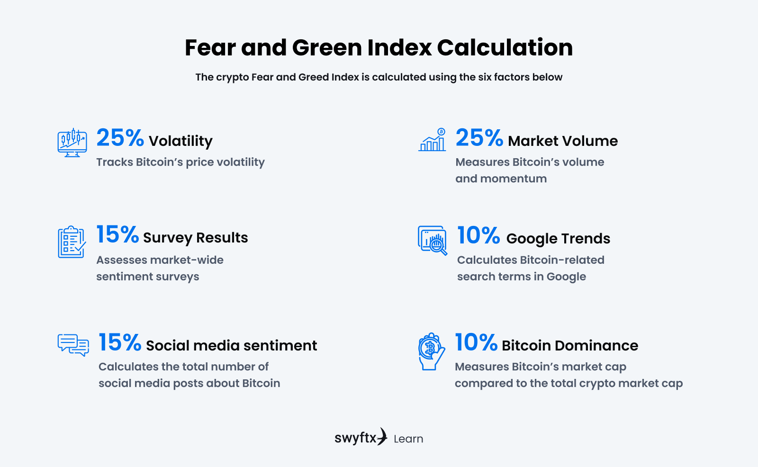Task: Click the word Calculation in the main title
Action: click(x=505, y=48)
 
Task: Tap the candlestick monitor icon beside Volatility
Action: click(x=72, y=142)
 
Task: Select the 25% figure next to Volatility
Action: click(x=120, y=138)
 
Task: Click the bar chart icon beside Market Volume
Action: click(x=433, y=140)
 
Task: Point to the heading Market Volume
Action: click(x=563, y=141)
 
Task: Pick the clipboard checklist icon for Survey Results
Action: click(x=72, y=242)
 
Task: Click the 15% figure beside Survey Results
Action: click(x=117, y=235)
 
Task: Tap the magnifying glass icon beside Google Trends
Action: click(x=433, y=241)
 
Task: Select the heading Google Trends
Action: click(x=558, y=239)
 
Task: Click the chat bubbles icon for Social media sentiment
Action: click(x=73, y=345)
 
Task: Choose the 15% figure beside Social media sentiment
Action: click(x=120, y=343)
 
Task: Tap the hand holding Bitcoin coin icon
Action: click(x=431, y=351)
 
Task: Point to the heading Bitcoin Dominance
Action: click(x=570, y=346)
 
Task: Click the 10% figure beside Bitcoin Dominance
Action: click(x=476, y=343)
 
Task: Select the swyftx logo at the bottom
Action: click(x=361, y=437)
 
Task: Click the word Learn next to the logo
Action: click(x=408, y=439)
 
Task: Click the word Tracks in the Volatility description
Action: click(x=115, y=162)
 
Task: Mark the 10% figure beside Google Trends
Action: click(x=478, y=236)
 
